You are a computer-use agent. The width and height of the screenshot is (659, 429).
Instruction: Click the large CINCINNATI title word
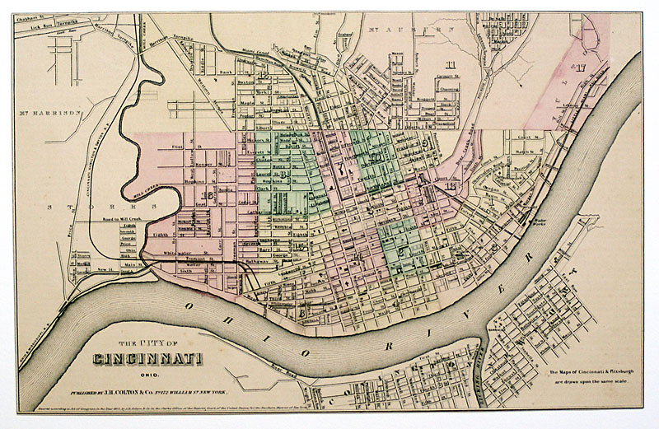148,359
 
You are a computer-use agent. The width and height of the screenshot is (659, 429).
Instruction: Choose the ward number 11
451,65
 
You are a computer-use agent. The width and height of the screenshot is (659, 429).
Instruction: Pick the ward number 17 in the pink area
580,68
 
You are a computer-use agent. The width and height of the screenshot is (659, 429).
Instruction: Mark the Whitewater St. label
178,252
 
